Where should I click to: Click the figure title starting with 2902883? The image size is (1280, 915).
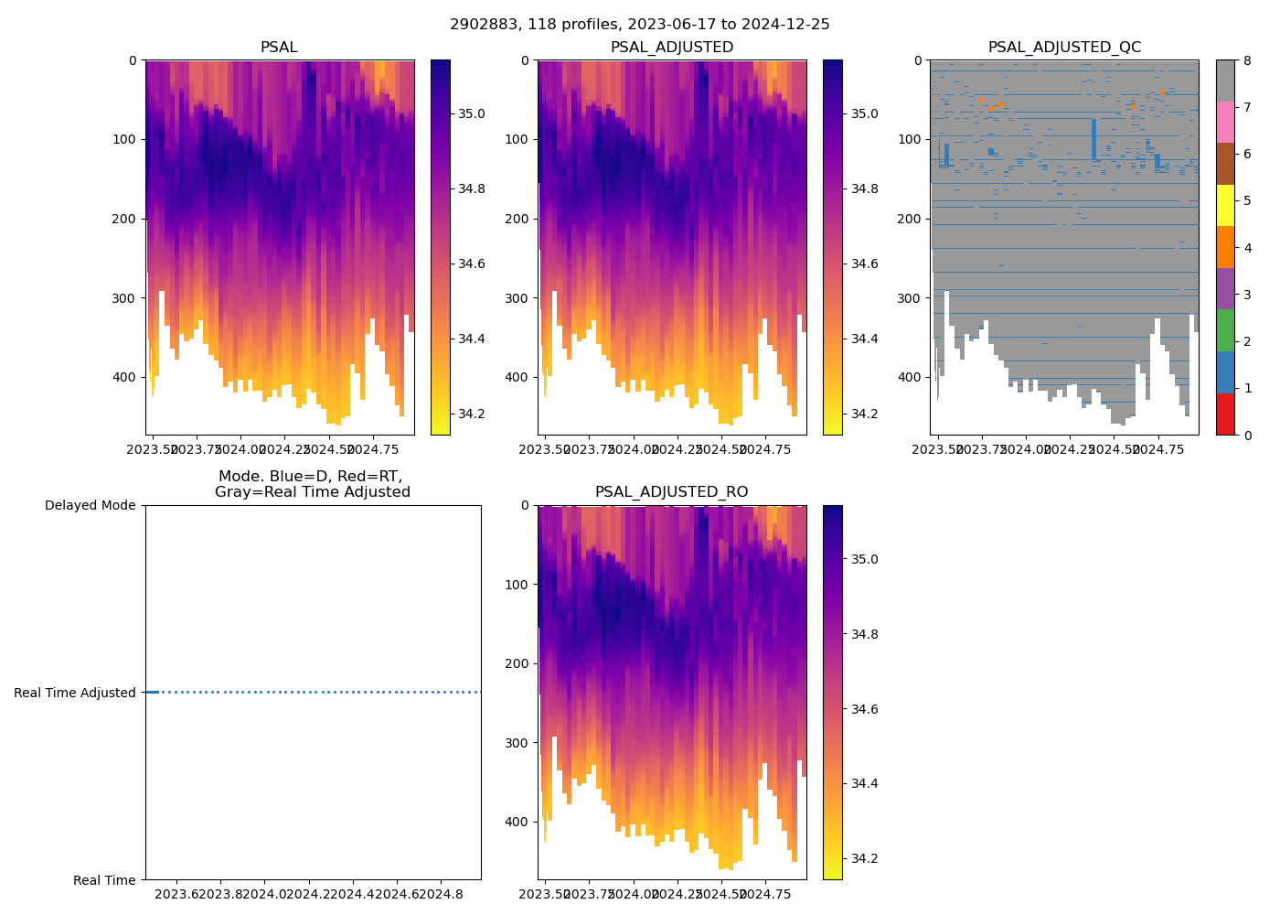tap(640, 25)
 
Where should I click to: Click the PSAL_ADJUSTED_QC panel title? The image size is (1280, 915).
tap(1064, 48)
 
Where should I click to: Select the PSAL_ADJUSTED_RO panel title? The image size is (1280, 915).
tap(671, 492)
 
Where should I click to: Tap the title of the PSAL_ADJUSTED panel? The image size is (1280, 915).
tap(671, 48)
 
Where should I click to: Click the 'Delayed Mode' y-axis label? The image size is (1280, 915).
tap(90, 505)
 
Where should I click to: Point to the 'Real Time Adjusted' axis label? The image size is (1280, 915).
tap(75, 693)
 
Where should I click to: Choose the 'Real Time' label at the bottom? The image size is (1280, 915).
tap(104, 880)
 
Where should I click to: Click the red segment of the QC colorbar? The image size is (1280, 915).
tap(1225, 414)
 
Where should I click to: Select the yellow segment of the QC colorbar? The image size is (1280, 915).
tap(1225, 206)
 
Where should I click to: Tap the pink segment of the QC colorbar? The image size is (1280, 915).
tap(1225, 123)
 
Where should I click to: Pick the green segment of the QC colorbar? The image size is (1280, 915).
tap(1225, 330)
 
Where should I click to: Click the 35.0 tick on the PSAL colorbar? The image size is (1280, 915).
tap(471, 114)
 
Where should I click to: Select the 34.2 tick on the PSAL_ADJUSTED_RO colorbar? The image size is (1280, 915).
tap(864, 858)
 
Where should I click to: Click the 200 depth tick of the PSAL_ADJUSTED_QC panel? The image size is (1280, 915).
tap(912, 219)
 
